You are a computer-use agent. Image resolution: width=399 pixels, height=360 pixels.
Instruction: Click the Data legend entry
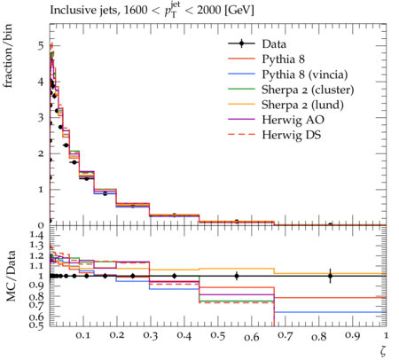pyautogui.click(x=274, y=44)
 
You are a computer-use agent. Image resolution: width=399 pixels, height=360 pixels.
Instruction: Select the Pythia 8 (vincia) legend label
pyautogui.click(x=305, y=74)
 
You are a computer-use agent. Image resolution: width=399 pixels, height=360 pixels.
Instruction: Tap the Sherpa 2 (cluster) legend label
pyautogui.click(x=308, y=90)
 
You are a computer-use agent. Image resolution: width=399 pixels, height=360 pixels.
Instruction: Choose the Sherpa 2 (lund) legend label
pyautogui.click(x=302, y=105)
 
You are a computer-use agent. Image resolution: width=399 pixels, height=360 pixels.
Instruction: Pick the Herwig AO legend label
pyautogui.click(x=293, y=120)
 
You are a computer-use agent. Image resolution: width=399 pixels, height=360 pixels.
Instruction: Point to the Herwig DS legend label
pyautogui.click(x=292, y=135)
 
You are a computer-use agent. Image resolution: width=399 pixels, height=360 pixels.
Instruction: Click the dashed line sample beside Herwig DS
pyautogui.click(x=241, y=135)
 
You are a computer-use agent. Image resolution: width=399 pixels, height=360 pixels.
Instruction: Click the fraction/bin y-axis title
pyautogui.click(x=8, y=56)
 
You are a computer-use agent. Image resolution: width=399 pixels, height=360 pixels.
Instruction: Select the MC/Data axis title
pyautogui.click(x=11, y=276)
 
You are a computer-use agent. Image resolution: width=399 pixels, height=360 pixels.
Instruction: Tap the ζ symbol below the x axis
pyautogui.click(x=383, y=350)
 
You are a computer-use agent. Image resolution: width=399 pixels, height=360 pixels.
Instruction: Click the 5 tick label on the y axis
pyautogui.click(x=40, y=46)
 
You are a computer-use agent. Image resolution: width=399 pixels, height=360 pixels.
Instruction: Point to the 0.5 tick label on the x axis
pyautogui.click(x=217, y=335)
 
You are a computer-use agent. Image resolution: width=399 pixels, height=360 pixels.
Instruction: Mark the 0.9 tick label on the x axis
pyautogui.click(x=353, y=335)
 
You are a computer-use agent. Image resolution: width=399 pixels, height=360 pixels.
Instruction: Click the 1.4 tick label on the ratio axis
pyautogui.click(x=36, y=235)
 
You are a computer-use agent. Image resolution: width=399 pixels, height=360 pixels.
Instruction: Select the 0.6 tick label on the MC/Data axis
pyautogui.click(x=36, y=317)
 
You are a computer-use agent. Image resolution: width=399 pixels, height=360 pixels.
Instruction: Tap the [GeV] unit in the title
pyautogui.click(x=239, y=11)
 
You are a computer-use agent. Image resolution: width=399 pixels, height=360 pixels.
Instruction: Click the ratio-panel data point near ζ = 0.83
pyautogui.click(x=330, y=276)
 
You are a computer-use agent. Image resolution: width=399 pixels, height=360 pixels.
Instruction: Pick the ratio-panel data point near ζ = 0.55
pyautogui.click(x=237, y=276)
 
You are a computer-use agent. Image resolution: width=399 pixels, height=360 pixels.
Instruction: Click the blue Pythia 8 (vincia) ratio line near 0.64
pyautogui.click(x=330, y=312)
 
